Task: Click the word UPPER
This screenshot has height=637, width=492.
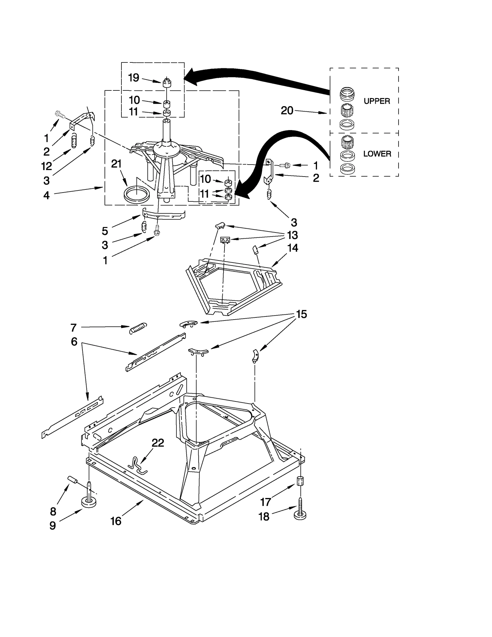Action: click(377, 101)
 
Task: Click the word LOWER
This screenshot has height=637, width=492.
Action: click(377, 154)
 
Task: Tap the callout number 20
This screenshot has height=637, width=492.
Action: click(287, 111)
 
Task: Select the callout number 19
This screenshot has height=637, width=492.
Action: click(133, 78)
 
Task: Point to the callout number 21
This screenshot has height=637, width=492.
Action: click(116, 164)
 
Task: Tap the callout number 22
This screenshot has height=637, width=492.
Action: click(158, 443)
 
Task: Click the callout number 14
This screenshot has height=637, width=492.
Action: click(292, 248)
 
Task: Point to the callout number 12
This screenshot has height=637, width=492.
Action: click(46, 166)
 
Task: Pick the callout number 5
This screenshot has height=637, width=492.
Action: click(105, 231)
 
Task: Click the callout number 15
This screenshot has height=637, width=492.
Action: click(301, 314)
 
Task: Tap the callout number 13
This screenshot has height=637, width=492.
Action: click(292, 235)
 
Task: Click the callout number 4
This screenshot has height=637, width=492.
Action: click(46, 195)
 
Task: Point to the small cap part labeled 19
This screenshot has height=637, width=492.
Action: click(166, 83)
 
